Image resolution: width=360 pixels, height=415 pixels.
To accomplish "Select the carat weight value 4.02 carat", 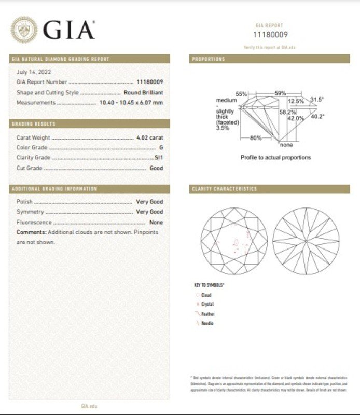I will coord(149,138).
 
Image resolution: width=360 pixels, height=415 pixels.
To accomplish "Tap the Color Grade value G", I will coord(161,148).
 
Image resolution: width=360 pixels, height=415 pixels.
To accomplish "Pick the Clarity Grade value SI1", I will coord(159,158).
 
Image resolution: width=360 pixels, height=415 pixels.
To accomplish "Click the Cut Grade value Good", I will coord(156,168).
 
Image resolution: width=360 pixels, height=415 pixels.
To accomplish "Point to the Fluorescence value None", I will coord(156,222).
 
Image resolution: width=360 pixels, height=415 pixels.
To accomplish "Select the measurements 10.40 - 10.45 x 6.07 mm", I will coord(131,103).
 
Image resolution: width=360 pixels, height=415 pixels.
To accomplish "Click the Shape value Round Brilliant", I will coord(144,92).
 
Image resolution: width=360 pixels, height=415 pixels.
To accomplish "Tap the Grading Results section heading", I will coord(34,125).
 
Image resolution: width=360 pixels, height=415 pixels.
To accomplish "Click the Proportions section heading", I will coord(209,59).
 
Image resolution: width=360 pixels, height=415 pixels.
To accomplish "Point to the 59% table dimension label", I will coord(280,93).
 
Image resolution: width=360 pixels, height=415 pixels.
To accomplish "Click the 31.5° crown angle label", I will coord(317,99).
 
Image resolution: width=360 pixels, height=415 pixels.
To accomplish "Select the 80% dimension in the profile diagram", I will coord(256,138).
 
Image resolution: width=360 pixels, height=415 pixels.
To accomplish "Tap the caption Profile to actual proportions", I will coord(275,157).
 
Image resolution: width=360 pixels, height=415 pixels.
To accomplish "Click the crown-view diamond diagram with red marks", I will coord(233,241).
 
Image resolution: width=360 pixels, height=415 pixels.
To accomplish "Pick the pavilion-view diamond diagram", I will coord(306,241).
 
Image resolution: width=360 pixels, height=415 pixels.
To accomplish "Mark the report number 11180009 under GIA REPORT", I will coord(269,35).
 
